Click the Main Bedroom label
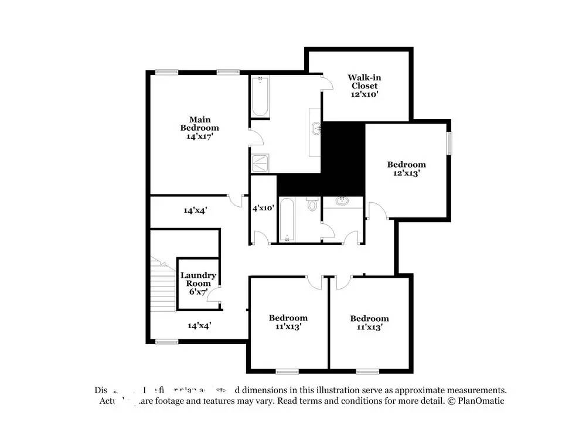click(199, 124)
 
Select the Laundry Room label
click(198, 279)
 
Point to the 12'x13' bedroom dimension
click(406, 173)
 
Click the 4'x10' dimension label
click(263, 208)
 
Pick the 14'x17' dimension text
click(199, 136)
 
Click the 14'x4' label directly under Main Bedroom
click(195, 210)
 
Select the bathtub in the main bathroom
click(260, 97)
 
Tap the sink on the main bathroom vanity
click(316, 127)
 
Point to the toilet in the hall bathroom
click(312, 205)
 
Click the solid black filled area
click(343, 158)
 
